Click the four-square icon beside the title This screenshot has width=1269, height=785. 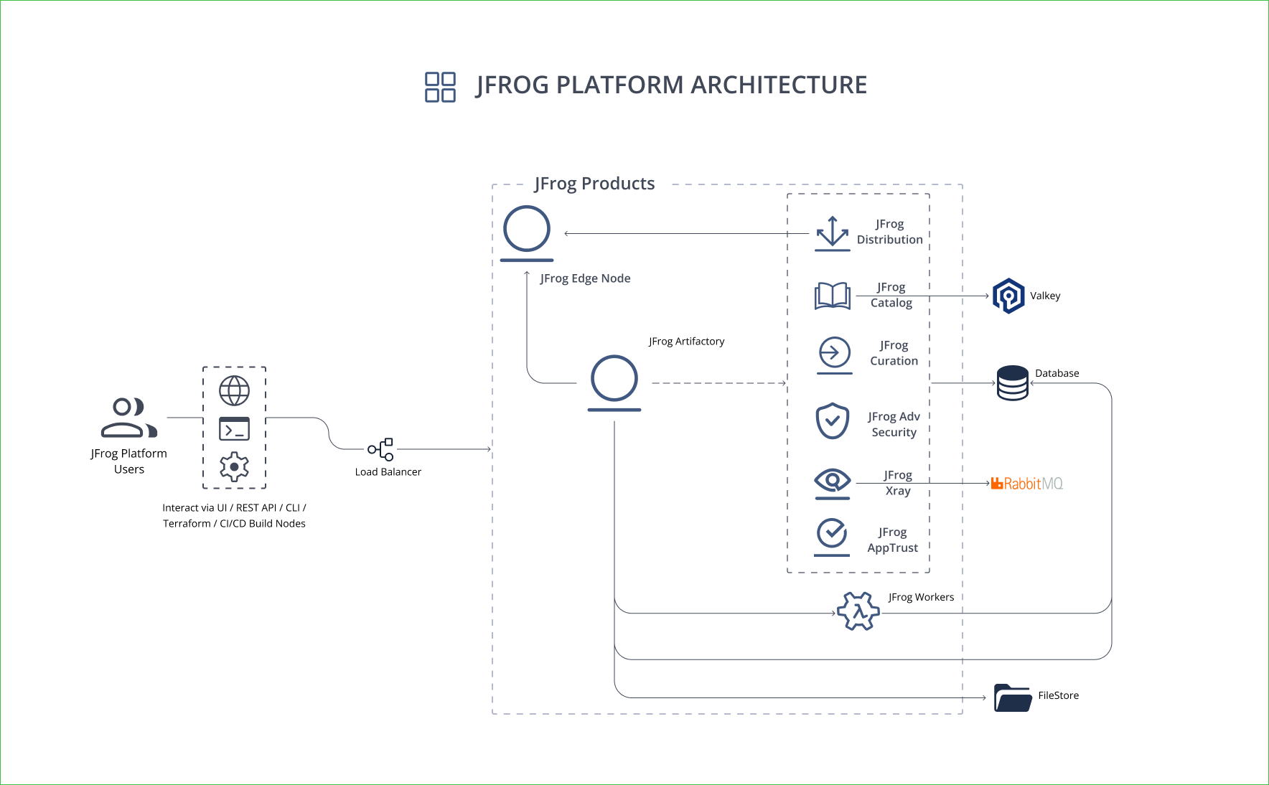440,87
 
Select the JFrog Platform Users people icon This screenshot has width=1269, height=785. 128,418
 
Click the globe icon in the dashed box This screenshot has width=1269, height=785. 234,391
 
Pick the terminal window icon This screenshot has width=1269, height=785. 234,429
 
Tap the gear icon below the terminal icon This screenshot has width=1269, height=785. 234,467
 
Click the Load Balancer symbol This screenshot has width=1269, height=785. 381,449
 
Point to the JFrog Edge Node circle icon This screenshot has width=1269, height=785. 527,230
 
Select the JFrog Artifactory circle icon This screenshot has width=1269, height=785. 614,379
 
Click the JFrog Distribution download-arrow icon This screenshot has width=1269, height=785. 833,233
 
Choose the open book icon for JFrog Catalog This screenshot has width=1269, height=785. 833,296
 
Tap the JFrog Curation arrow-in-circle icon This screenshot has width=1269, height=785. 835,353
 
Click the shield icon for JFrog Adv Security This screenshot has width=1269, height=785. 833,420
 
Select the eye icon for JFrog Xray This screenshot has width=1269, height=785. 833,481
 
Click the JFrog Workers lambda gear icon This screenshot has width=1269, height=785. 858,611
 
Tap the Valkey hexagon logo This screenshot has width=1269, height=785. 1008,296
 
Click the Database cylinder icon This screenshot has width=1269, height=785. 1013,383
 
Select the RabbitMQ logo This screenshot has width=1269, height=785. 1026,484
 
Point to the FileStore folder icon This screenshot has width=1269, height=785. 1013,697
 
